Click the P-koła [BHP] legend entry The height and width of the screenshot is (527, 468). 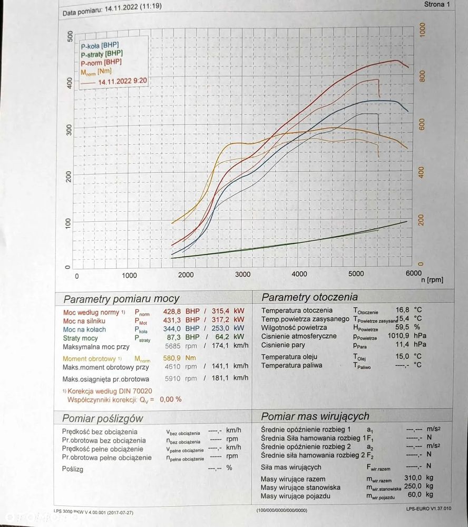pos(100,45)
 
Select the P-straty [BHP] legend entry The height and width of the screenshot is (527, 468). pos(102,54)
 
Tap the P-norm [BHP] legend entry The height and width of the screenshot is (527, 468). pos(101,63)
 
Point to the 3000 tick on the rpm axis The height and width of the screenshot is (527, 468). pos(242,275)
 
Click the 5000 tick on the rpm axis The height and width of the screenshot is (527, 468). pos(356,274)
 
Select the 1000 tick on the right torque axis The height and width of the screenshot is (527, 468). pos(422,30)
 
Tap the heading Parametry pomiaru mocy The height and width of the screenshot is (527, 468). pos(121,299)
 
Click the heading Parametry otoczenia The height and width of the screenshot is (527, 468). pos(309,297)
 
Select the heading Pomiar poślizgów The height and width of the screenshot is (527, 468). pos(102,418)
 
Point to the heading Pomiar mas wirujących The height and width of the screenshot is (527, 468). pos(315,416)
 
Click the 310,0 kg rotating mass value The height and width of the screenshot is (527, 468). pos(414,479)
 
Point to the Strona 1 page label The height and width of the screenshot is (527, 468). pos(437,5)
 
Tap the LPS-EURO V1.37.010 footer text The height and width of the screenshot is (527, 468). pos(428,510)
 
